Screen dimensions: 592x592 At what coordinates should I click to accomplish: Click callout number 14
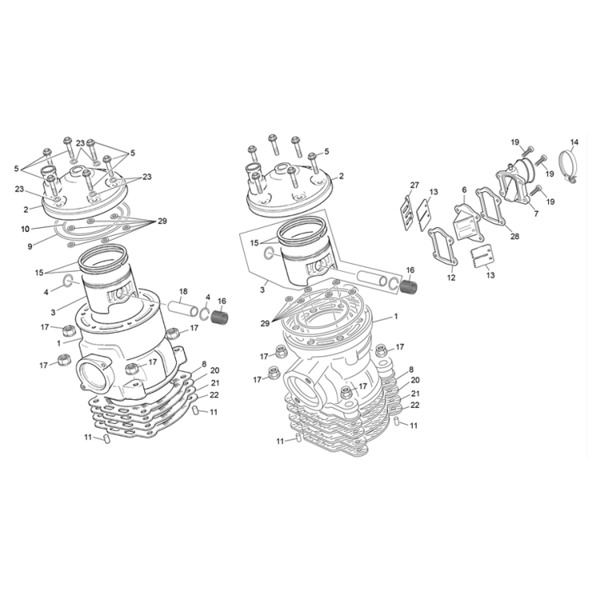click(x=574, y=143)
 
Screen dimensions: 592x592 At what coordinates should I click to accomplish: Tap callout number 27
click(x=414, y=186)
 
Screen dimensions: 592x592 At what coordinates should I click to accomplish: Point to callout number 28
click(x=514, y=237)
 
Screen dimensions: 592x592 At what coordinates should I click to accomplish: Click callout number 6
click(x=464, y=190)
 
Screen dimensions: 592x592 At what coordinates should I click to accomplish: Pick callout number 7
click(x=535, y=214)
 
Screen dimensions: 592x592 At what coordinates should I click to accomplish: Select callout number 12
click(x=451, y=277)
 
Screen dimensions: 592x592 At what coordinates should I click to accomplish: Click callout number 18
click(x=182, y=291)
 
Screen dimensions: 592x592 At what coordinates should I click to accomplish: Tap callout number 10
click(x=25, y=229)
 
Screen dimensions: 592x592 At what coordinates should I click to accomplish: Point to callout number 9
click(x=29, y=246)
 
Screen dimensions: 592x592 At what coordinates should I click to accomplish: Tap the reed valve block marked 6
click(x=465, y=224)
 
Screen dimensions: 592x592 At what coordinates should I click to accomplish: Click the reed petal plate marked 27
click(x=408, y=210)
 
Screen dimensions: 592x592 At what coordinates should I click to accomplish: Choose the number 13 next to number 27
click(x=433, y=192)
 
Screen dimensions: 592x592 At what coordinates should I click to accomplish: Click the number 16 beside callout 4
click(x=222, y=300)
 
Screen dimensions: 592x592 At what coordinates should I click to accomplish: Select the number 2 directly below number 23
click(x=25, y=210)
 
